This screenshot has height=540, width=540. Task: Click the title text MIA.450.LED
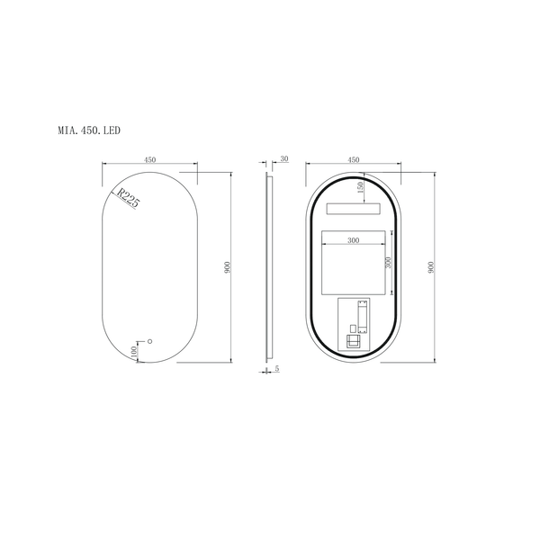pyautogui.click(x=88, y=130)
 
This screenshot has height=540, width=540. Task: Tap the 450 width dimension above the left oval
pyautogui.click(x=149, y=159)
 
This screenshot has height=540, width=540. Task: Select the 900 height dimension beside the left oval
pyautogui.click(x=229, y=267)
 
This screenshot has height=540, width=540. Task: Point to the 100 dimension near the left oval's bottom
pyautogui.click(x=135, y=353)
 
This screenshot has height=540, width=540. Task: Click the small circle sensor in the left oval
pyautogui.click(x=150, y=341)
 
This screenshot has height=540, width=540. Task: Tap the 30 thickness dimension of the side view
pyautogui.click(x=284, y=159)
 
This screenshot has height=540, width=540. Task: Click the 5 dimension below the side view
pyautogui.click(x=276, y=369)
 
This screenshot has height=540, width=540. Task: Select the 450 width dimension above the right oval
pyautogui.click(x=354, y=159)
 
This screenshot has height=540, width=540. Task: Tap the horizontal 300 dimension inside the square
pyautogui.click(x=353, y=240)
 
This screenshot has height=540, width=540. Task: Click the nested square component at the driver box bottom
pyautogui.click(x=354, y=343)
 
